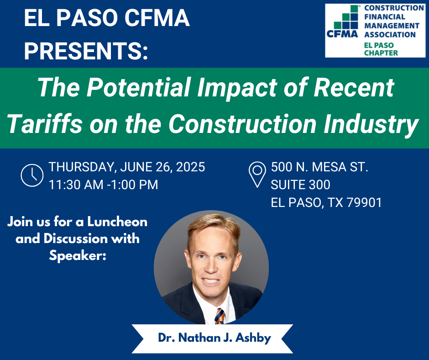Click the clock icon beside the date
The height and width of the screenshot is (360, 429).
(x=32, y=175)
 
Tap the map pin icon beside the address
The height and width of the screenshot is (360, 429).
(x=257, y=175)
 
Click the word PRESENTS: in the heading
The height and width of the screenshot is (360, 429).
(x=86, y=51)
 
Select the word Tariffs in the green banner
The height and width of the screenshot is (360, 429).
(x=45, y=124)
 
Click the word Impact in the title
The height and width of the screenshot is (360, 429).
(x=237, y=88)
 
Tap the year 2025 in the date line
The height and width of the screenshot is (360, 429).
(x=190, y=167)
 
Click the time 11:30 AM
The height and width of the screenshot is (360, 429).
(x=76, y=185)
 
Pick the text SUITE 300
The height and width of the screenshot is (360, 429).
(x=300, y=185)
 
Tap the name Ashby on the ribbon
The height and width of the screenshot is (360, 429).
(x=253, y=338)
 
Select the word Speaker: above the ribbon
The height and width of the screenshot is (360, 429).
(x=78, y=256)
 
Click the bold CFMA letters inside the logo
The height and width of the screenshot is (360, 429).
(x=342, y=34)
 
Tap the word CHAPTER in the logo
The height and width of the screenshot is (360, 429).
(x=381, y=53)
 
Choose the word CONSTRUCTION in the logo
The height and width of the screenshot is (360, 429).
(x=394, y=8)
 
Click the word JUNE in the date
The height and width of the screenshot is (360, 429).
(x=136, y=167)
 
